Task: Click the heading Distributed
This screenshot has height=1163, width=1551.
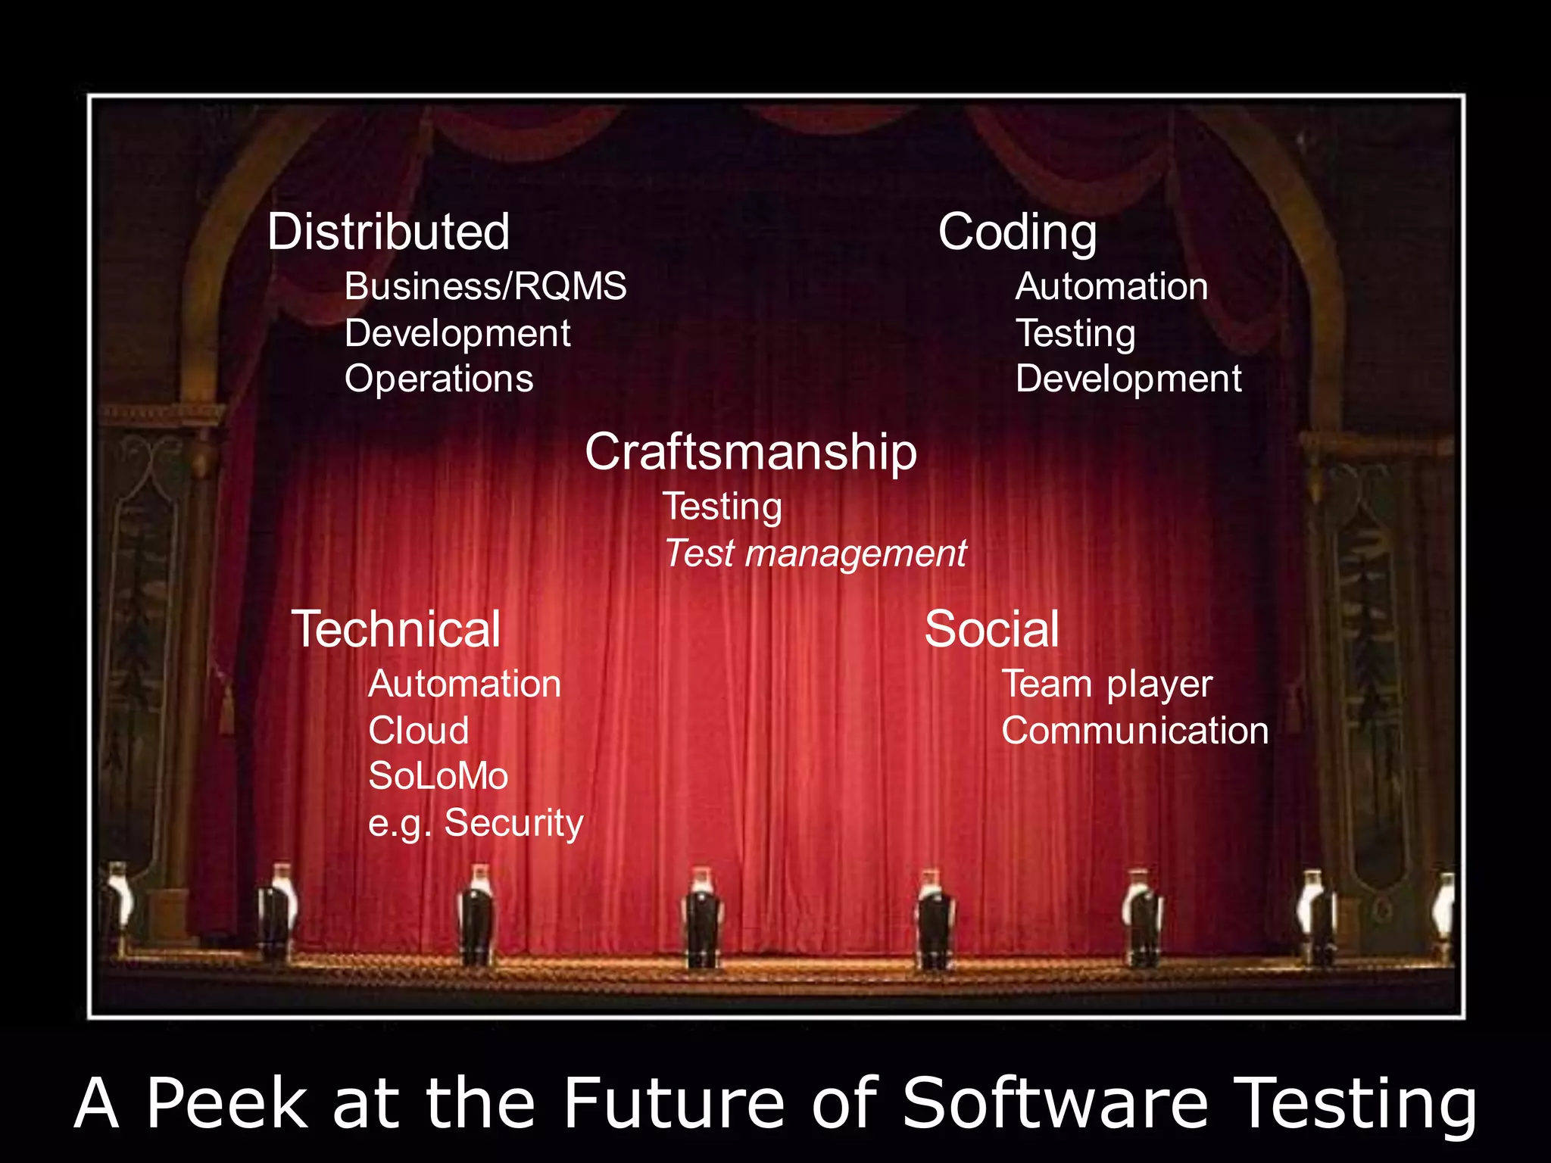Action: point(389,232)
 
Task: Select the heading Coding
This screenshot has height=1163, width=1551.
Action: point(1017,232)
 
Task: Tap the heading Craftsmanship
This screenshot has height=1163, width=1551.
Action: point(751,452)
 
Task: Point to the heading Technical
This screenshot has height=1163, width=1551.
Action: point(396,629)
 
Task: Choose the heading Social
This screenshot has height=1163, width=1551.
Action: point(991,629)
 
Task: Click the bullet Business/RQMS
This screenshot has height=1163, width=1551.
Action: point(485,287)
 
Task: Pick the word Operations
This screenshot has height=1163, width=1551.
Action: point(439,379)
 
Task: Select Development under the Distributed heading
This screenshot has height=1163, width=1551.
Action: point(457,334)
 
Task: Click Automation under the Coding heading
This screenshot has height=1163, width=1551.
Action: point(1111,287)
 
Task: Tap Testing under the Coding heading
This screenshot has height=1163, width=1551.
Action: point(1075,334)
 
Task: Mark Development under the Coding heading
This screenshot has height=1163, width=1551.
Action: point(1128,379)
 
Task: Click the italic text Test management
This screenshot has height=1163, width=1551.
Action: point(815,553)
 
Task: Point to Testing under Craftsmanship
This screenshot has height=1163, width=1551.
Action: point(722,507)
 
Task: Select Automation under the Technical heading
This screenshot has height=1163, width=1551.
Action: point(464,684)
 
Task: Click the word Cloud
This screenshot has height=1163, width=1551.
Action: point(419,731)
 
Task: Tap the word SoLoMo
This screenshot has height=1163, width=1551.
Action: point(438,776)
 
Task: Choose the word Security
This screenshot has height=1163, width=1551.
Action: point(513,823)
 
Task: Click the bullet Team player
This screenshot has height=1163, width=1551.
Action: point(1106,684)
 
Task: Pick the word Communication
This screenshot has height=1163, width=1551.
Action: point(1134,731)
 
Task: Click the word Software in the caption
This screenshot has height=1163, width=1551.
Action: point(1055,1103)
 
